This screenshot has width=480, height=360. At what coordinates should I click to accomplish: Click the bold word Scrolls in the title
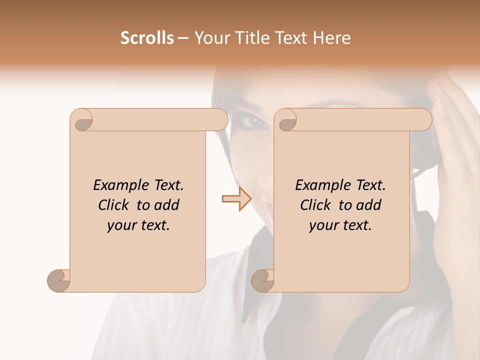(x=147, y=38)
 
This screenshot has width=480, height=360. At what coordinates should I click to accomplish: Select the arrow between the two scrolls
(x=237, y=198)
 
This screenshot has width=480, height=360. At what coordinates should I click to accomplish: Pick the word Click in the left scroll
(x=115, y=205)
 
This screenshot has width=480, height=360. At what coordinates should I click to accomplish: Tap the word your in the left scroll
(x=121, y=226)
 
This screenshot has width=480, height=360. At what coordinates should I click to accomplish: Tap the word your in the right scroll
(x=323, y=226)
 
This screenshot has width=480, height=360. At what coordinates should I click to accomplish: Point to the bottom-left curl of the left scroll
(x=59, y=280)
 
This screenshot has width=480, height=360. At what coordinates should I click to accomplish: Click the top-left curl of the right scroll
(x=286, y=120)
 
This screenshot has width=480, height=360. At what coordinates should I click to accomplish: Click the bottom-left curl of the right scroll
(x=262, y=280)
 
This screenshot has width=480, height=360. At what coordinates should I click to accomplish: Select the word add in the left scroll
(x=167, y=205)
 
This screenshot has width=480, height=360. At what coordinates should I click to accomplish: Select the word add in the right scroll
(x=369, y=205)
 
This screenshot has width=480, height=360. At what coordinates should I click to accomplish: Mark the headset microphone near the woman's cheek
(x=416, y=172)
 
